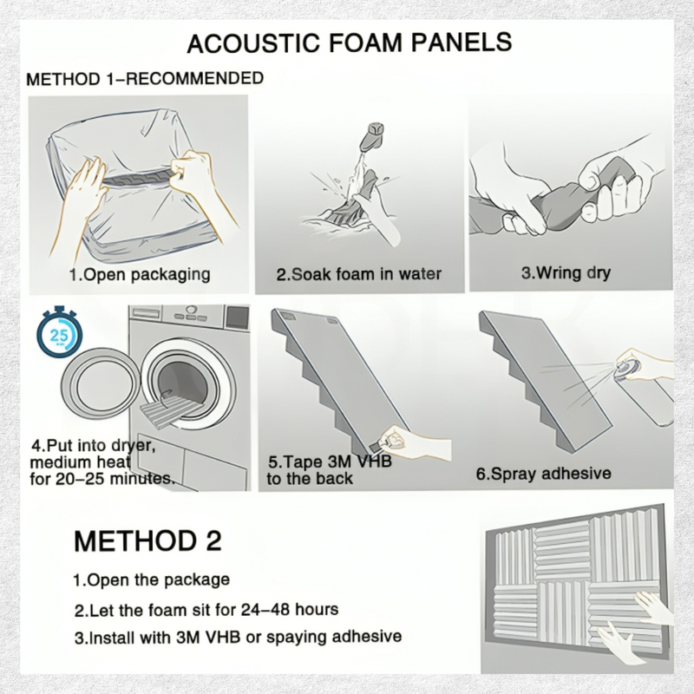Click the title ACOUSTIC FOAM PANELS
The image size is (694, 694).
350,43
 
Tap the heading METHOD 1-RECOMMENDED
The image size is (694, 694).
145,79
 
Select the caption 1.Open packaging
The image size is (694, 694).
140,274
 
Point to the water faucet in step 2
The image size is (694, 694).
373,136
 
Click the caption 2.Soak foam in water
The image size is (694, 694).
359,274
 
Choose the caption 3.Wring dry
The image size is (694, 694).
566,272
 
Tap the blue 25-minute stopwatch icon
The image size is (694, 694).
59,332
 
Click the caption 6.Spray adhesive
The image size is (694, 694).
544,474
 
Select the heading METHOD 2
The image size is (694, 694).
147,540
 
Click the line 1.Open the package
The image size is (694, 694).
151,580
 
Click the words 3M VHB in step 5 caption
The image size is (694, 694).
360,462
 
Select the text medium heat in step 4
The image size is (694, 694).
80,462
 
